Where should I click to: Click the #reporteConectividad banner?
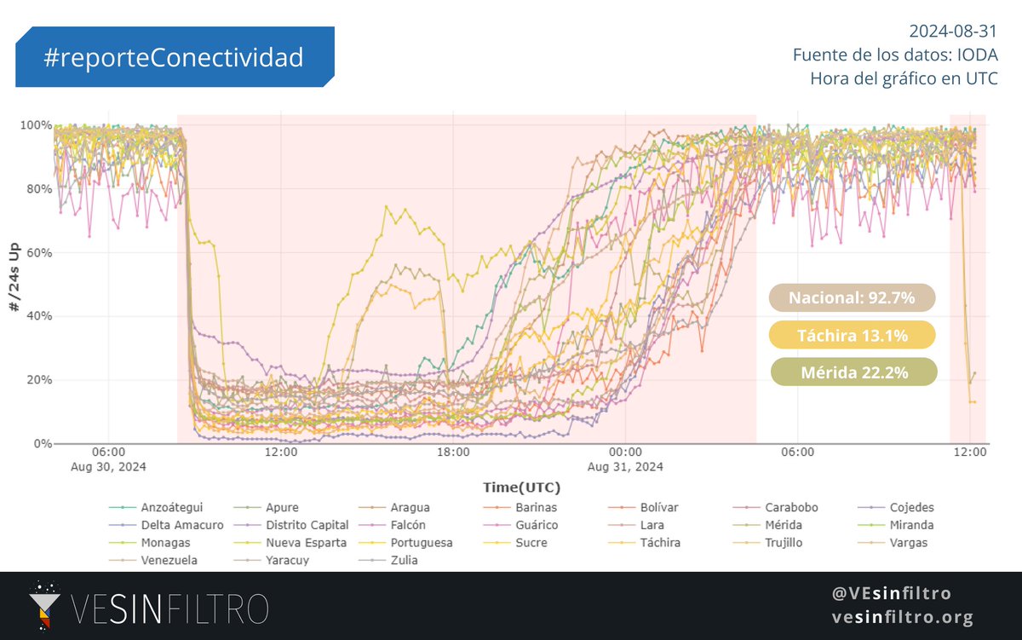(x=174, y=57)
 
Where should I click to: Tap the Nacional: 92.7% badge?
(x=852, y=298)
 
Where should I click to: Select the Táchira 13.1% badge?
(x=852, y=335)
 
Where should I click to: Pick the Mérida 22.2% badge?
(x=853, y=372)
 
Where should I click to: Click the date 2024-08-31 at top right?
(x=952, y=32)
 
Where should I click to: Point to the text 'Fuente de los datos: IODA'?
(x=894, y=55)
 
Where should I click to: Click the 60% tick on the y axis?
(x=35, y=253)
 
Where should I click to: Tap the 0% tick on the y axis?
(x=41, y=444)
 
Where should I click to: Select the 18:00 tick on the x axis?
(x=453, y=452)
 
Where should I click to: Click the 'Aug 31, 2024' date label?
(x=625, y=467)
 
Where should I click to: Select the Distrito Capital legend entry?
(x=307, y=525)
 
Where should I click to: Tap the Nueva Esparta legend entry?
(x=306, y=543)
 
